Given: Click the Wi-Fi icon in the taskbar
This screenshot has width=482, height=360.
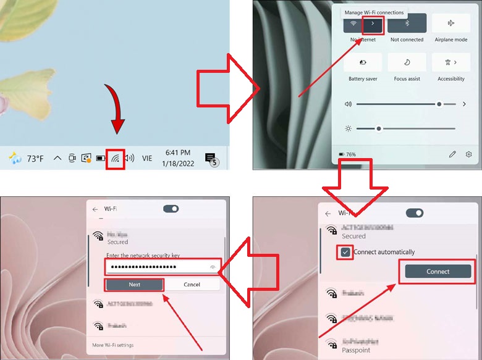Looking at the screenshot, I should pos(116,159).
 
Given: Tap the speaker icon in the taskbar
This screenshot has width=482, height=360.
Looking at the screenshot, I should pos(129,159).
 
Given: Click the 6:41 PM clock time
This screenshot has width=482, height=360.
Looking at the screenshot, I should pos(177,153).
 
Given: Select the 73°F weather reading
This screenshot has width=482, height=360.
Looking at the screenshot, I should pos(35,159).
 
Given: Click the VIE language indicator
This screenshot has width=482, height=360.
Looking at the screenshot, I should pos(147,159).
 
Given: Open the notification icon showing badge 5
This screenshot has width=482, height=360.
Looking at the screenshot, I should pos(210,158).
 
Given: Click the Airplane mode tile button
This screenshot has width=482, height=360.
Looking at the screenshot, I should pos(450,23).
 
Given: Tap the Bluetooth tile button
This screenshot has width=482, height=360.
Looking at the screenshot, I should pos(407,23).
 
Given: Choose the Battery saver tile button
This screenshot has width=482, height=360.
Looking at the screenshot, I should pos(363,62).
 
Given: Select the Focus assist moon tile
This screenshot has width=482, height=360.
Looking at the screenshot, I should pos(407,62).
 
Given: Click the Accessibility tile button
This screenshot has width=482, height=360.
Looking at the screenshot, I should pos(450,62).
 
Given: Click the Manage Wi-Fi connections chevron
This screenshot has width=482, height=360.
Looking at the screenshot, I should pos(373,24).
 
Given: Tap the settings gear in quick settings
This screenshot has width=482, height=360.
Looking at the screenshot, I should pos(469,154).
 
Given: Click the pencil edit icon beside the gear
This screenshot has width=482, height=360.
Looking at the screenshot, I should pos(452,154).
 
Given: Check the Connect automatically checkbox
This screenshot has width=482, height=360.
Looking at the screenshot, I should pos(345,252).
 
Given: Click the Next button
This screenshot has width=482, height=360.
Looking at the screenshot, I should pos(134,285).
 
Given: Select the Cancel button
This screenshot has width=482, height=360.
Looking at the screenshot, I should pos(192,285).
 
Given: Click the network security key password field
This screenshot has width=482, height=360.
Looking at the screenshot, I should pos(158,267).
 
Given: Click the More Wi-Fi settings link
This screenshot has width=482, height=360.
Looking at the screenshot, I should pos(112,345).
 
